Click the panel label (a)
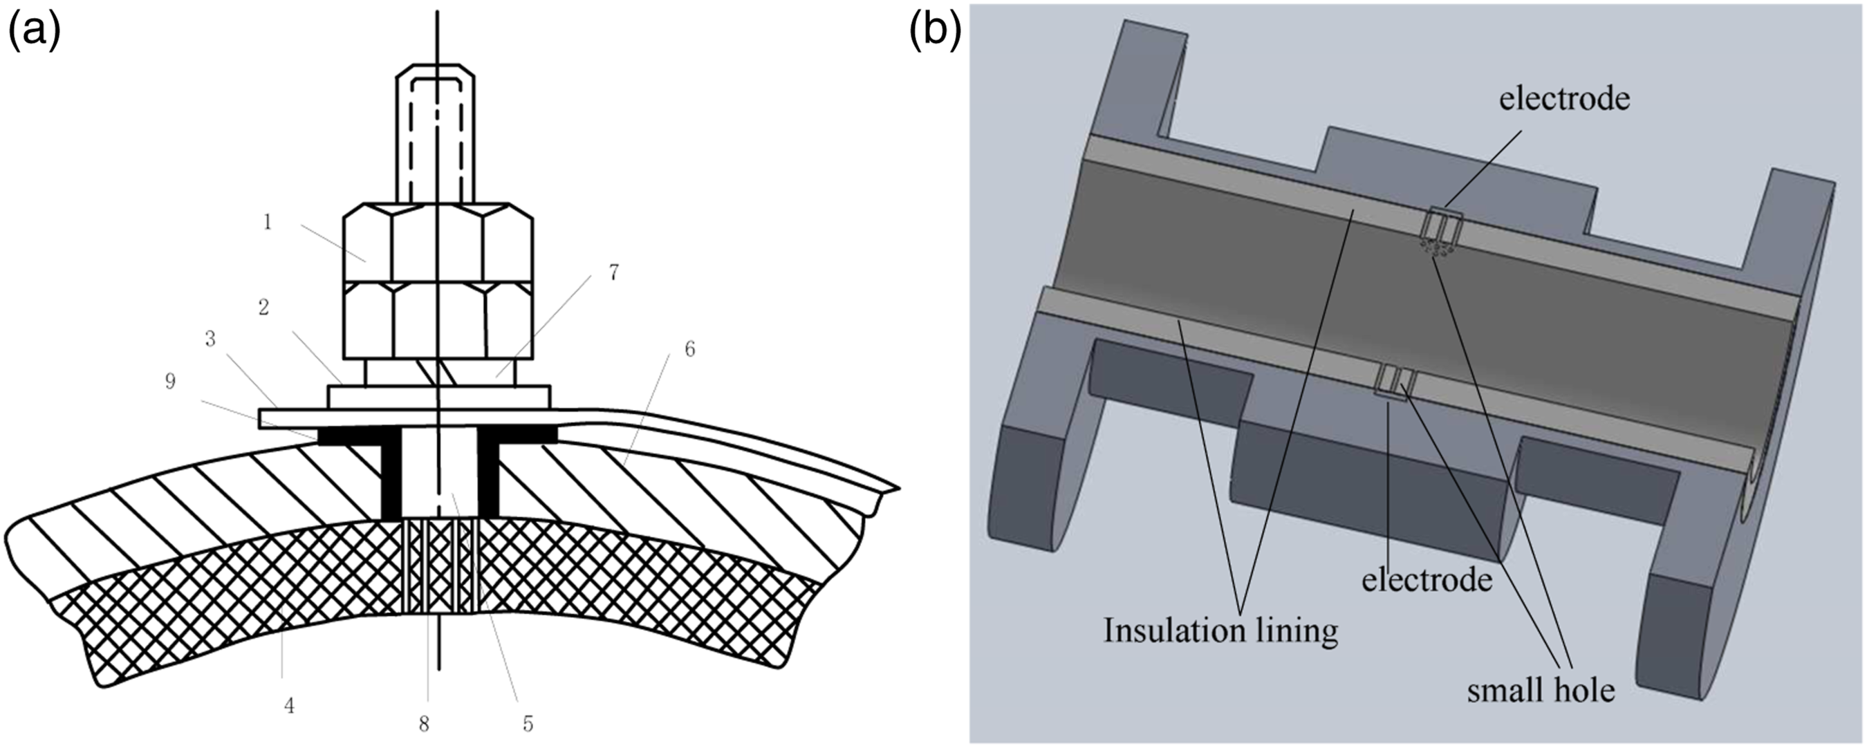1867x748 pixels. point(34,33)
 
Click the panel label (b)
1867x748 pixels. point(936,33)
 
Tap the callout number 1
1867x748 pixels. point(268,222)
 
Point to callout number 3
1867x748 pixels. point(210,339)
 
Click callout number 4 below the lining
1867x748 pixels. point(289,704)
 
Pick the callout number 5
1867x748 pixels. point(528,722)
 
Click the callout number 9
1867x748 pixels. point(169,381)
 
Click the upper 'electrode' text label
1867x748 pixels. point(1564,99)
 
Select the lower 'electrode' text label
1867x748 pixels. point(1427,579)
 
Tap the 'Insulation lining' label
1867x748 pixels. point(1220,630)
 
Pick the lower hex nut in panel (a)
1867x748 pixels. point(438,319)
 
